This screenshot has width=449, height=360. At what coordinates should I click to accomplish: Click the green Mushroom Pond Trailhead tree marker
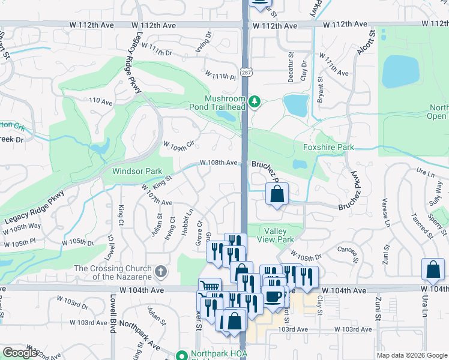coord(255,102)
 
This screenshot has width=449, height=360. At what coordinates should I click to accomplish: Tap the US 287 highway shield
coord(246,72)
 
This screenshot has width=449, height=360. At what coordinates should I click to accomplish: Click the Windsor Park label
coord(137,171)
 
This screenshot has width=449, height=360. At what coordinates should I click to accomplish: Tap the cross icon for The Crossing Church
coord(160,272)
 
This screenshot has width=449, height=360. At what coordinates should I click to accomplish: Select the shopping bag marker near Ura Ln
coord(433,270)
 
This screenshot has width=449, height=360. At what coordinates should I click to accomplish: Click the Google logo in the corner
coord(20,353)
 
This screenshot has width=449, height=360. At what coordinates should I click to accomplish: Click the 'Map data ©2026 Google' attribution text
coord(411,355)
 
